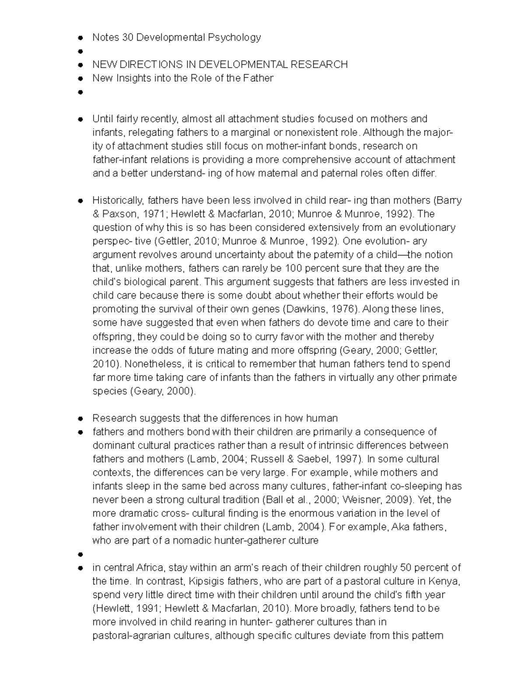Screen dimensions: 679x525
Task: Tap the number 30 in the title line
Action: pos(127,38)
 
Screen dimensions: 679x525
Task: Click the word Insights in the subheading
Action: pos(133,78)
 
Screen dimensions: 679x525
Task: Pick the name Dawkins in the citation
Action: pos(304,309)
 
